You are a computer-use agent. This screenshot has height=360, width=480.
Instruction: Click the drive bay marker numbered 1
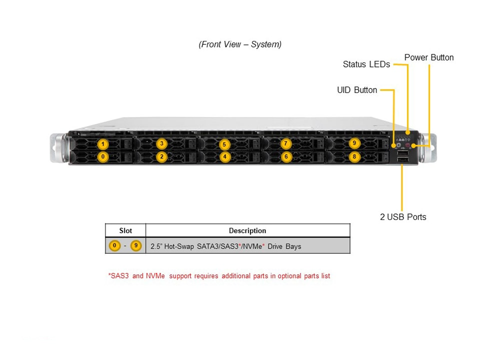[102, 144]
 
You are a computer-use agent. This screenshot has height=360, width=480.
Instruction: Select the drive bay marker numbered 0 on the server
[102, 156]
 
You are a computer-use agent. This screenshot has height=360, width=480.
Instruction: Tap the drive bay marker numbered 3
[161, 144]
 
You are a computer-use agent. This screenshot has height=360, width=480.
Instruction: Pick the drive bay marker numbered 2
[161, 156]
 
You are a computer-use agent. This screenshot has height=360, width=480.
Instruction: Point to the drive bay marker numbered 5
[224, 144]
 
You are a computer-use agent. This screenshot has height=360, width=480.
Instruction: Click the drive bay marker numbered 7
[285, 144]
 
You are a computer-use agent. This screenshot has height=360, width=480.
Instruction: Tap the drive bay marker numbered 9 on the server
[354, 143]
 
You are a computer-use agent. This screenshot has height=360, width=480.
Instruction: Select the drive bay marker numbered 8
[354, 156]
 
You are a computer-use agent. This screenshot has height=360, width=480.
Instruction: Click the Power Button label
[429, 57]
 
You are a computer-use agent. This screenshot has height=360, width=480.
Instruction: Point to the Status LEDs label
[366, 64]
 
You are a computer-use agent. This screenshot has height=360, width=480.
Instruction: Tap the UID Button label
[357, 90]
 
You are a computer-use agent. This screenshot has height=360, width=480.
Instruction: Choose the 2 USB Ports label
[403, 217]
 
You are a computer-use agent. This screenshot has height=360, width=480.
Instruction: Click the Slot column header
[125, 230]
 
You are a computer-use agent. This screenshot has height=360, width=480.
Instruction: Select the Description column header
[247, 230]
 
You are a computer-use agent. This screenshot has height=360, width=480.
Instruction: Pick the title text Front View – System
[240, 44]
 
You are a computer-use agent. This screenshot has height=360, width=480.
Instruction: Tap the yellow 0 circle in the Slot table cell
[115, 246]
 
